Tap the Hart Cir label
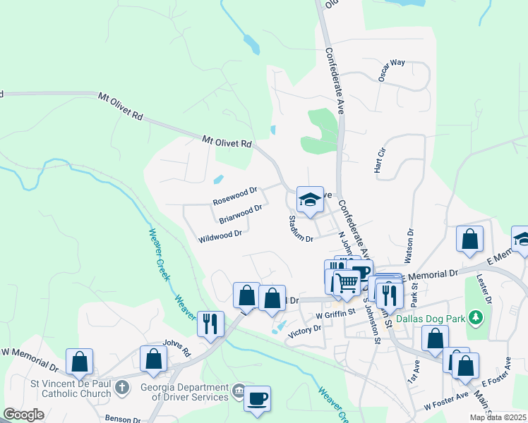tap(379, 160)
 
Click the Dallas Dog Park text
tap(430, 319)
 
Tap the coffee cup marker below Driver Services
tap(257, 398)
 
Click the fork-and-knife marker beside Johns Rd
tap(210, 324)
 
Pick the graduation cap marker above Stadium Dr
tap(309, 200)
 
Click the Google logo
tap(24, 415)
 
